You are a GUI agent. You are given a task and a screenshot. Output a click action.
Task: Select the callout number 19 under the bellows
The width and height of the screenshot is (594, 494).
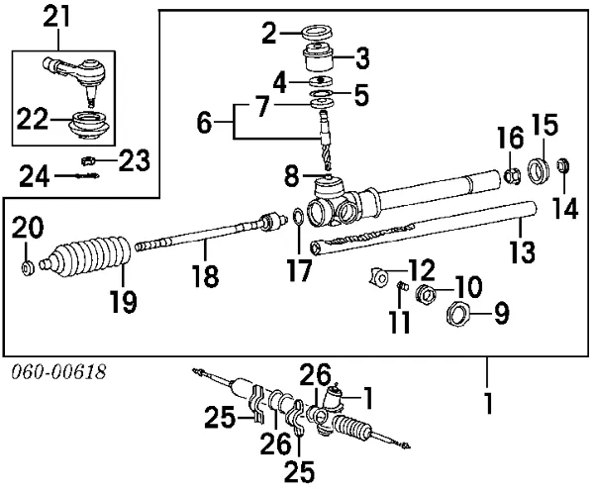[123, 301]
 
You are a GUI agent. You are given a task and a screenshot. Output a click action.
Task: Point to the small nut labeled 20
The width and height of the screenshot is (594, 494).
[29, 266]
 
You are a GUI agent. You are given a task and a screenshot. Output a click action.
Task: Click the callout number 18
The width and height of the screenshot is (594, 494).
[205, 276]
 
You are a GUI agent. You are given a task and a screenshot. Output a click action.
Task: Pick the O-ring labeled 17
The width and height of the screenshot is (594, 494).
[298, 218]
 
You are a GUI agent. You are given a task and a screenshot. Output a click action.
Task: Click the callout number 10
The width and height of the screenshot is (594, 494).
[470, 286]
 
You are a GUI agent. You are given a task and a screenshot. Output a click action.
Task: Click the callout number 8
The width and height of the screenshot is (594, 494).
[291, 179]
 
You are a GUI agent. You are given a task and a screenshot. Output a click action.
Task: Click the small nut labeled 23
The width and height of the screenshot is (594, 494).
[86, 158]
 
